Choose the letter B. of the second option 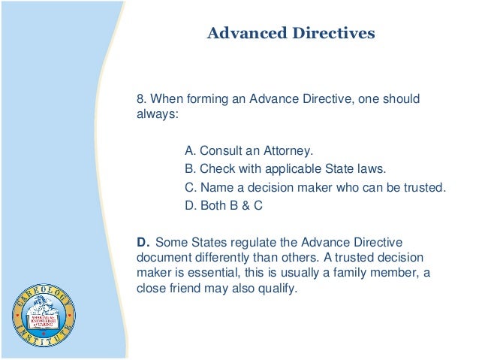point(189,168)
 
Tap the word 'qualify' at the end point(276,290)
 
